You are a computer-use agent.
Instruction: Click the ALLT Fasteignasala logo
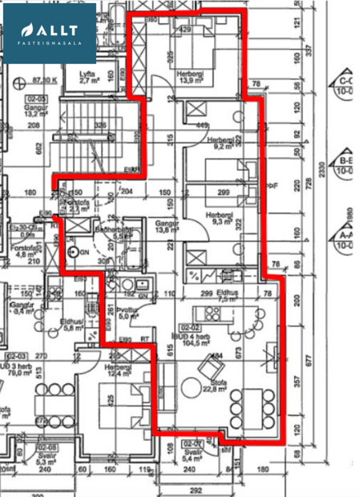coord(49,33)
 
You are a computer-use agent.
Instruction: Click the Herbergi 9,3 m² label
coord(219,218)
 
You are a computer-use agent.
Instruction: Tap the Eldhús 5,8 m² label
coord(74,324)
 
